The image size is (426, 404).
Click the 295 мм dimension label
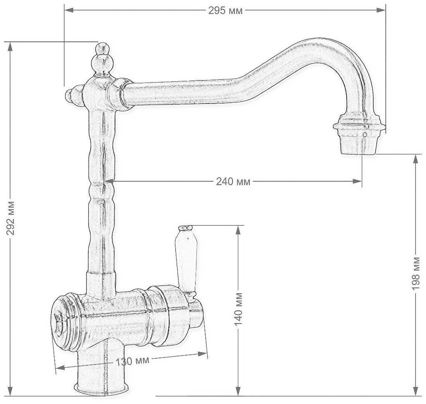225,10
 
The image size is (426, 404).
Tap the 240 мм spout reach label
233,181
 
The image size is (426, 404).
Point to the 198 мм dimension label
416,273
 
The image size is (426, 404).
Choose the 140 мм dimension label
238,309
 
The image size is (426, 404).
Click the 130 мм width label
132,361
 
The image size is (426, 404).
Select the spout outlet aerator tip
359,134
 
